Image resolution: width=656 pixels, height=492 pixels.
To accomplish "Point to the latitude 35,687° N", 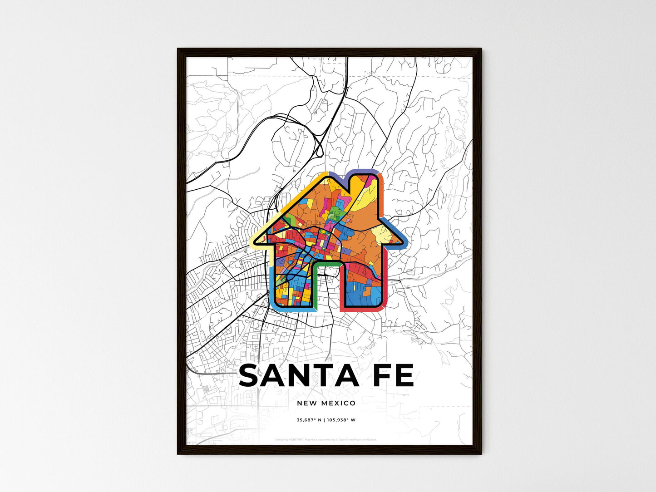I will point(309,420).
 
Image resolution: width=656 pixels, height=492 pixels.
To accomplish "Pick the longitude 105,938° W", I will point(341,420).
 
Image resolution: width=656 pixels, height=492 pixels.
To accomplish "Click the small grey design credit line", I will point(326,439).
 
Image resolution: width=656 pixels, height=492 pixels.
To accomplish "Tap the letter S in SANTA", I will point(249,376).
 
